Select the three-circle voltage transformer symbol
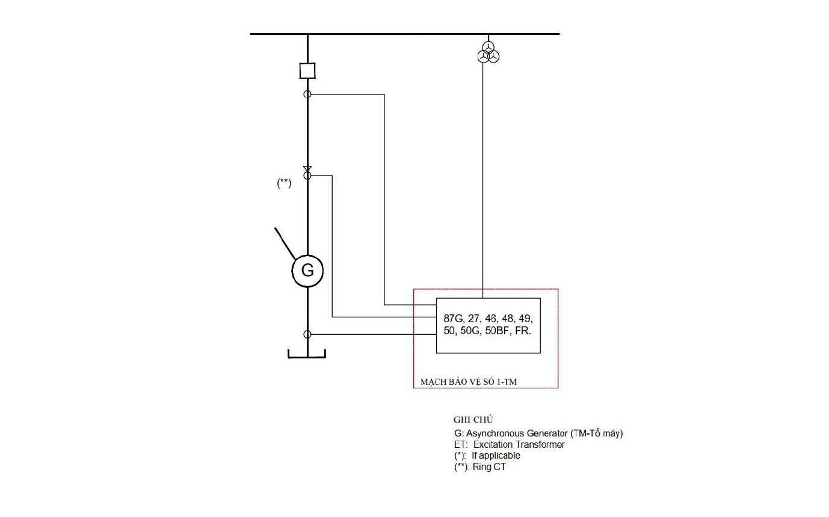(488, 52)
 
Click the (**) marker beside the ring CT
(284, 183)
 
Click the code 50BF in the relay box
(497, 331)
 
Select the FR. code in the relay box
(523, 331)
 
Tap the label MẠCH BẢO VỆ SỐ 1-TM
(469, 382)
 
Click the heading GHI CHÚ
(473, 420)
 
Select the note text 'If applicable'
(496, 456)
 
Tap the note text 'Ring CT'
(489, 467)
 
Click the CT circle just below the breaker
(304, 94)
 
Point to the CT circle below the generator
(304, 334)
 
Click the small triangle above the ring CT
(307, 169)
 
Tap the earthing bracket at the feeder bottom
(307, 357)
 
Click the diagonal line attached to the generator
(285, 243)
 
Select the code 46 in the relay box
(491, 319)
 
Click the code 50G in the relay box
(470, 331)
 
